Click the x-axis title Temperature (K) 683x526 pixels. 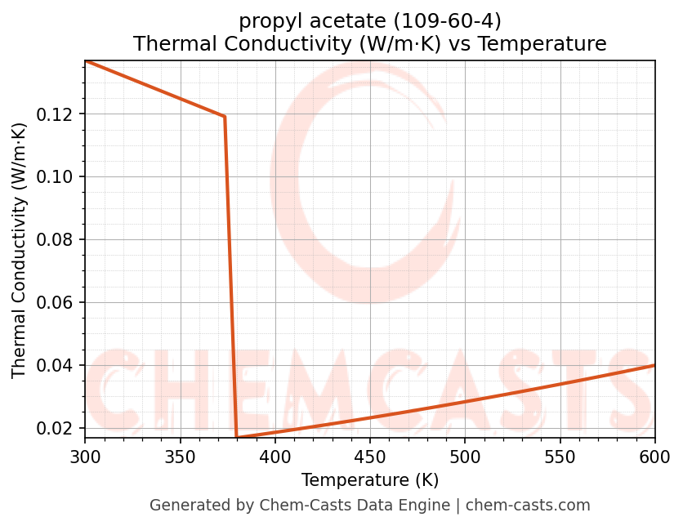click(x=369, y=479)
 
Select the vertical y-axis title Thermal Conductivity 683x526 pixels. click(x=20, y=250)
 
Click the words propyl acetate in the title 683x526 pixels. click(x=301, y=20)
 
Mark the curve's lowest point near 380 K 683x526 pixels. click(x=237, y=438)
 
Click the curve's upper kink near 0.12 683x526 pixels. click(x=224, y=117)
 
